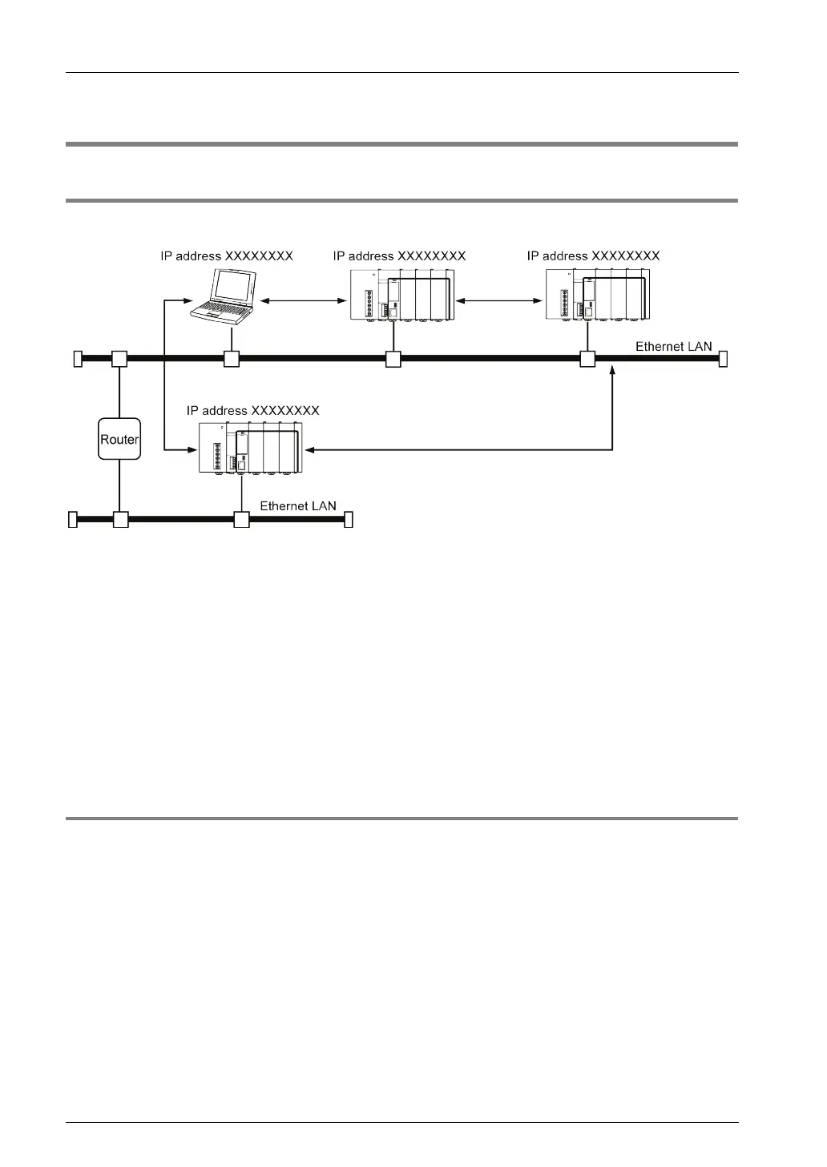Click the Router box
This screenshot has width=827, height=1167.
[119, 439]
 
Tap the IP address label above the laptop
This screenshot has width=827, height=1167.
[227, 256]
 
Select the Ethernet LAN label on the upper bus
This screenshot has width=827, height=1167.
[673, 347]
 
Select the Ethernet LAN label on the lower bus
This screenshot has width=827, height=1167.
[298, 506]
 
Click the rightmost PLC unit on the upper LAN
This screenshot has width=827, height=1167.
[598, 295]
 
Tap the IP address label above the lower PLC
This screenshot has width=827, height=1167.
[253, 411]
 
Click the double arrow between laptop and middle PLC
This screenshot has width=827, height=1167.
[302, 301]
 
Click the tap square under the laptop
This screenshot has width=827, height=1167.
[232, 360]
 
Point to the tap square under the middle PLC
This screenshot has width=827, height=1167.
[393, 360]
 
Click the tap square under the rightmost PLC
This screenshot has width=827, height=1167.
[587, 360]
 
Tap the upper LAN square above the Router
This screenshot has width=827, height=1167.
[119, 359]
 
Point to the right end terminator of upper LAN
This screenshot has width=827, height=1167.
[723, 359]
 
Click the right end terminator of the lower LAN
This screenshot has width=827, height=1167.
[349, 521]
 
